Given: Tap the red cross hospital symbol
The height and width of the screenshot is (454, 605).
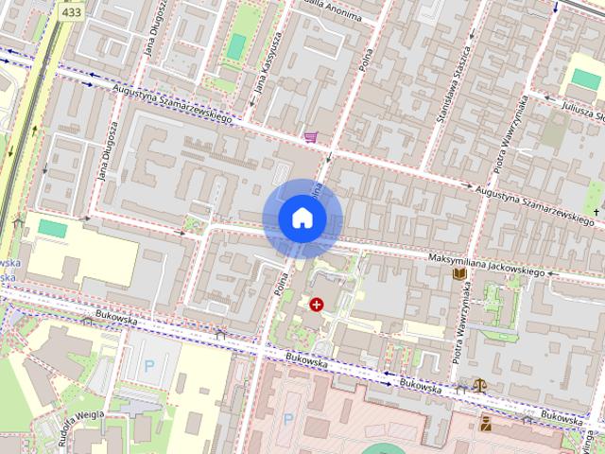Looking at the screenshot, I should tap(316, 305).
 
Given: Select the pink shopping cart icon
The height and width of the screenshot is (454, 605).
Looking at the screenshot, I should tap(311, 138).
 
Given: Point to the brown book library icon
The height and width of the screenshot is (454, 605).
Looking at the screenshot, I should tap(459, 273).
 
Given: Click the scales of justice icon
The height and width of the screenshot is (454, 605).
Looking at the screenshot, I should tap(480, 386).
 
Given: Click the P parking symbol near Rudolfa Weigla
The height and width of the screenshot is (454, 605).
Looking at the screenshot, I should tap(148, 364).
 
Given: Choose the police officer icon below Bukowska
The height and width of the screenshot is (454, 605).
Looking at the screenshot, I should tap(487, 422).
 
